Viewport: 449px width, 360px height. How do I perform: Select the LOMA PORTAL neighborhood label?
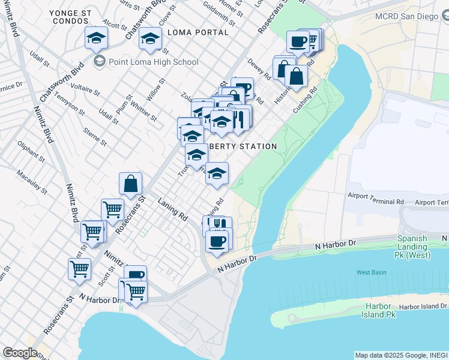click(198, 32)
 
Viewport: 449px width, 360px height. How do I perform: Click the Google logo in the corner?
click(20, 353)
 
